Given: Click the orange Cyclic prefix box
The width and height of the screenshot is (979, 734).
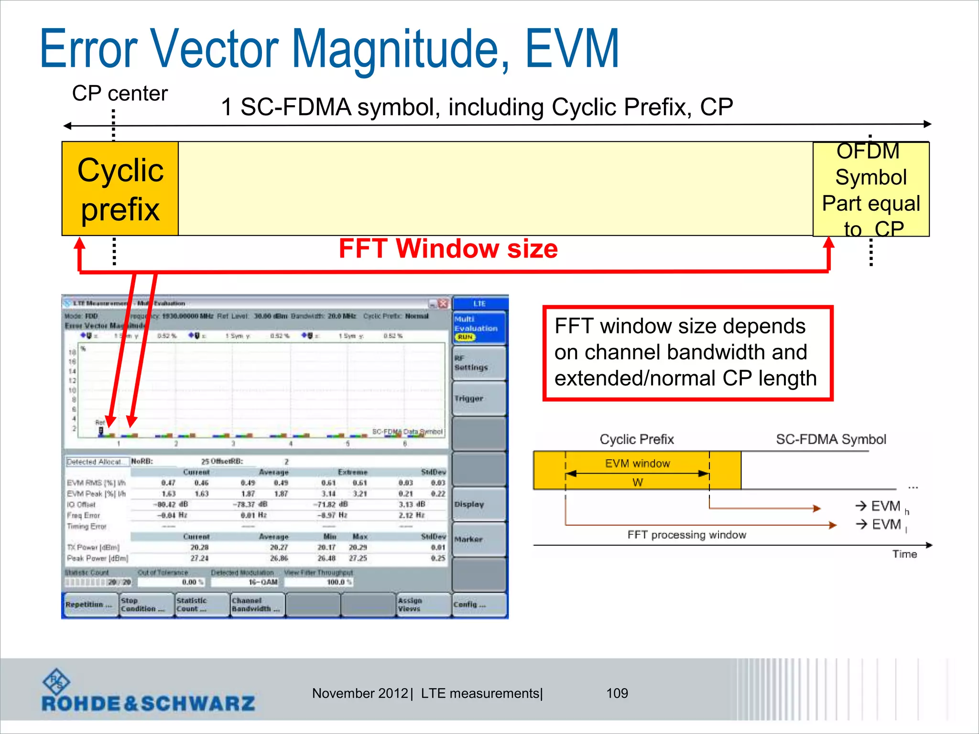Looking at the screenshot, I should click(120, 189).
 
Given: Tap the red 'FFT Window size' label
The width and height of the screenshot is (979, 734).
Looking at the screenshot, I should click(448, 248).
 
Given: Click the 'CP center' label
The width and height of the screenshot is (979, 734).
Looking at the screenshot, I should click(120, 93).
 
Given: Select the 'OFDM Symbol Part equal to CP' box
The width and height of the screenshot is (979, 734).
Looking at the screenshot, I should click(870, 190).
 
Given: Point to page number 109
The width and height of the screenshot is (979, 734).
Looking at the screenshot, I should click(617, 693).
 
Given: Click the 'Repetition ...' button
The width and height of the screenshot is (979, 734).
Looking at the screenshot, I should click(90, 605).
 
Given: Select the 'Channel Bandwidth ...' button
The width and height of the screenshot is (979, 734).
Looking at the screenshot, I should click(257, 605).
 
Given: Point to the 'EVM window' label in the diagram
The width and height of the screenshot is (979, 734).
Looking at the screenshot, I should click(637, 464).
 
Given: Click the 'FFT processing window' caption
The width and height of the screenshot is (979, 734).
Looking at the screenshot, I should click(686, 535).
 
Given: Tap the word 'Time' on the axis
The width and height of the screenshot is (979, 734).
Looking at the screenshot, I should click(904, 554).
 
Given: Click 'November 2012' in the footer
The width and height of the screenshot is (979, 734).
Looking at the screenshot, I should click(359, 693).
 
